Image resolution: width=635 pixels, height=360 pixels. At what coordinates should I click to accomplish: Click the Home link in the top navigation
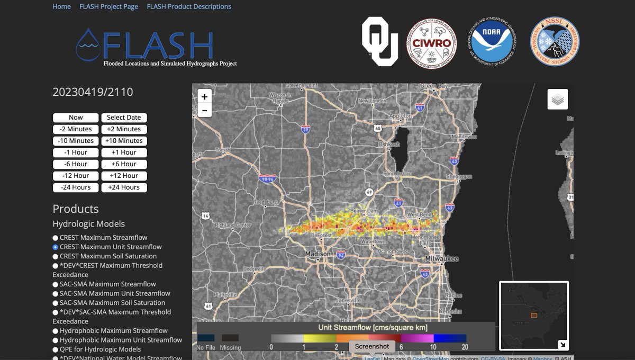tap(61, 7)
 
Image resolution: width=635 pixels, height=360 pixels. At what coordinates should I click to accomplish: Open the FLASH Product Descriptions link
tap(189, 7)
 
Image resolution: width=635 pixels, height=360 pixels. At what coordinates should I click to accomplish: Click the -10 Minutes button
tap(76, 141)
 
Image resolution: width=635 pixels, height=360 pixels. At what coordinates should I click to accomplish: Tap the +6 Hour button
tap(124, 164)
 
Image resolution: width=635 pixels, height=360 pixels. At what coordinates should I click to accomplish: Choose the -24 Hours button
tap(76, 187)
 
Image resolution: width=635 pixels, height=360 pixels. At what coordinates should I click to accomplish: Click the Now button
tap(76, 118)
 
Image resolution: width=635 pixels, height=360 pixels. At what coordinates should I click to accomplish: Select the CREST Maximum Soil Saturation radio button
tap(56, 256)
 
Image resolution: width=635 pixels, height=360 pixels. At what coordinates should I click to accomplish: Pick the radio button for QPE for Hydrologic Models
tap(56, 349)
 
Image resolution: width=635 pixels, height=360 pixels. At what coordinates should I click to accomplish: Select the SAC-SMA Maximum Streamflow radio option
tap(56, 284)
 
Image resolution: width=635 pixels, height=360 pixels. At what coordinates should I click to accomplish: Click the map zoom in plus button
tap(205, 97)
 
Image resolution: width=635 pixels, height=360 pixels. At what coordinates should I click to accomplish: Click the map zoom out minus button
tap(205, 110)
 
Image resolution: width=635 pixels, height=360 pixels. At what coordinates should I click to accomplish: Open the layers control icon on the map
tap(558, 99)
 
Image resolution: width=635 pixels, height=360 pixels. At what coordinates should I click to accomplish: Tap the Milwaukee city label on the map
tap(441, 258)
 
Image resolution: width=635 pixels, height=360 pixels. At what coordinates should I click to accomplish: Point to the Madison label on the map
tap(318, 254)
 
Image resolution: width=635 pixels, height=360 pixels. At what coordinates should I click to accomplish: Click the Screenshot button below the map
tap(372, 346)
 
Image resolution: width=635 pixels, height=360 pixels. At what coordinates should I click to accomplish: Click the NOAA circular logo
tap(492, 42)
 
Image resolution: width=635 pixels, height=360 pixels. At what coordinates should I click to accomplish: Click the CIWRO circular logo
tap(431, 42)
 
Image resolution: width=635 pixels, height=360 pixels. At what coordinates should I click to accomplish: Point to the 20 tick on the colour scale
tap(465, 347)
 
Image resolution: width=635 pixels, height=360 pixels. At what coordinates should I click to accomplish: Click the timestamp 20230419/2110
tap(93, 92)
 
